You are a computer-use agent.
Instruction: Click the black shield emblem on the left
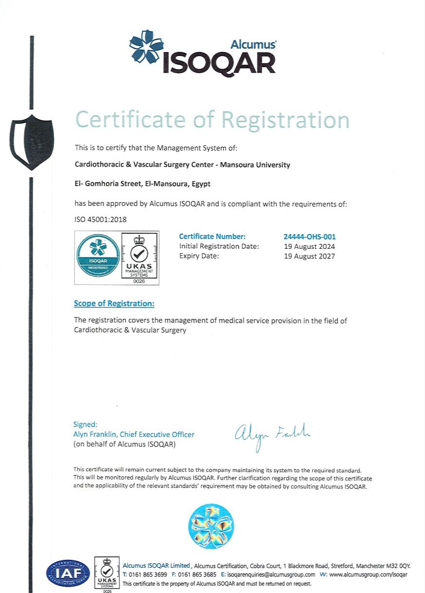32,142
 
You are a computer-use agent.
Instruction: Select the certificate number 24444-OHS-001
309,237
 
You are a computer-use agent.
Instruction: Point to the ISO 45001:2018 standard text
100,220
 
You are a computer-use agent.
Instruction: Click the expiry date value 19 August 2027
309,256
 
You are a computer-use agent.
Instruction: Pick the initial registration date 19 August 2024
309,247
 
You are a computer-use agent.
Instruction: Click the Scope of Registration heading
114,304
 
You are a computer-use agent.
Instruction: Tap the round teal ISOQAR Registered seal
98,255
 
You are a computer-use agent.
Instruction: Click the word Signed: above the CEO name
85,425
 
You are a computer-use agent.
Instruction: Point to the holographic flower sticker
211,526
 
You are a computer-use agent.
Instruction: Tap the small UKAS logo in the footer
106,574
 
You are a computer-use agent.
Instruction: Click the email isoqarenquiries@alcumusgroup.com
271,574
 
